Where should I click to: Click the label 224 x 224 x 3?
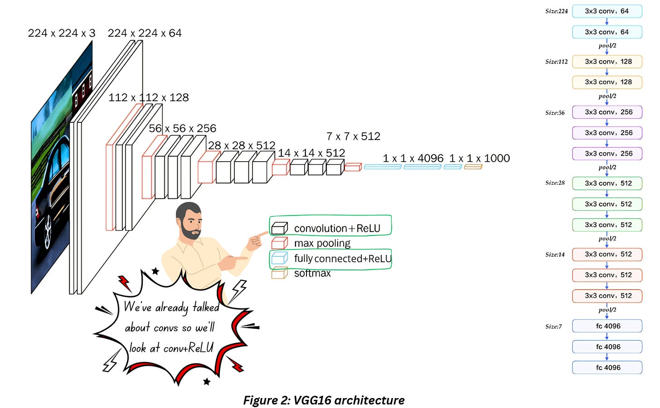(62, 33)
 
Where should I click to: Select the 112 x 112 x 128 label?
(149, 97)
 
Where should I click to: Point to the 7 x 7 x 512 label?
(353, 136)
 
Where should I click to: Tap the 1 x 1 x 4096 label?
(413, 158)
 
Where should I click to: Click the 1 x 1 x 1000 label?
(480, 158)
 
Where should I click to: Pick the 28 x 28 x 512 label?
(242, 145)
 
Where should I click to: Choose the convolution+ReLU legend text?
(337, 228)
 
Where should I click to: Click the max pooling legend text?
(322, 243)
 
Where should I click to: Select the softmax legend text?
(312, 273)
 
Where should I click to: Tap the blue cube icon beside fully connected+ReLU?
(279, 258)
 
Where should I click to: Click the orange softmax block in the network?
(473, 167)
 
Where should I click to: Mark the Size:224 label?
(556, 11)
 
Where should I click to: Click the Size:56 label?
(555, 113)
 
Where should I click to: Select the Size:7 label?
(553, 326)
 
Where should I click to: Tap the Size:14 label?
(555, 254)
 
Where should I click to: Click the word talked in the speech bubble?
(206, 307)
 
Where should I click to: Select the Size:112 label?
(556, 62)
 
